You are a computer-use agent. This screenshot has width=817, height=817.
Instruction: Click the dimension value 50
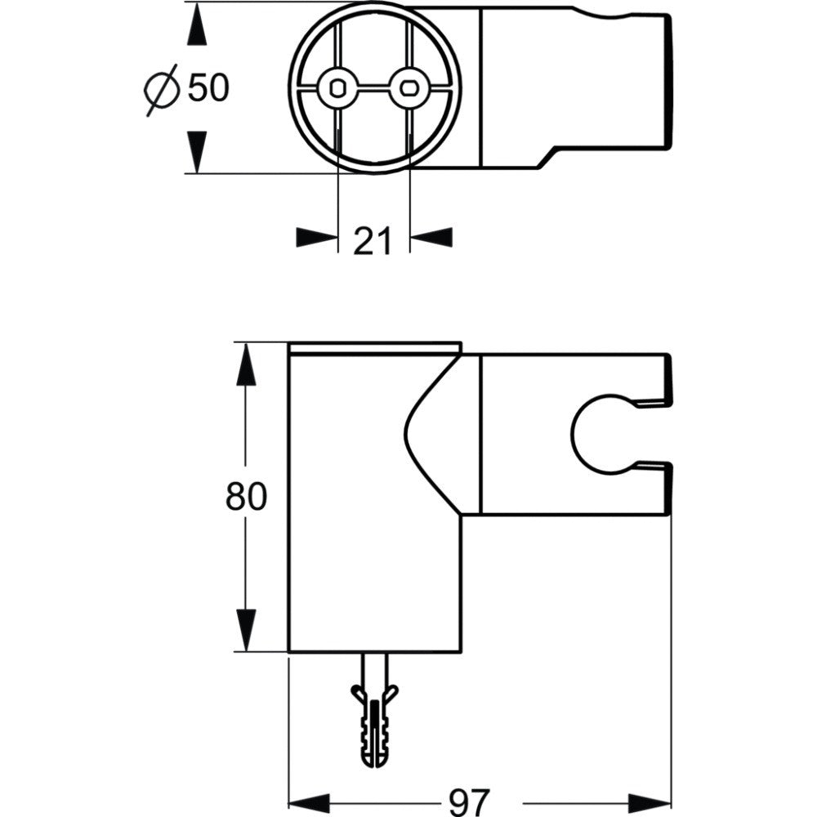pyautogui.click(x=208, y=87)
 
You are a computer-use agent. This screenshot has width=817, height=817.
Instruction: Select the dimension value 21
pyautogui.click(x=373, y=240)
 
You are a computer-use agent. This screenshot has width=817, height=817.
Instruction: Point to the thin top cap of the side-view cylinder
pyautogui.click(x=375, y=347)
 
